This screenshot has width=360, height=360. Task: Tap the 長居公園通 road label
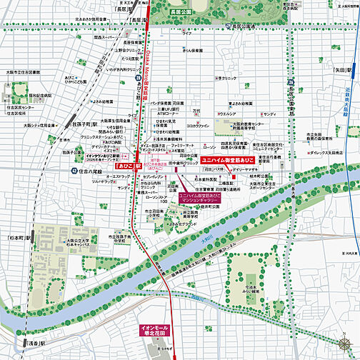pos(242,27)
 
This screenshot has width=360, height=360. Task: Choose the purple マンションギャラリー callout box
pos(200,198)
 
